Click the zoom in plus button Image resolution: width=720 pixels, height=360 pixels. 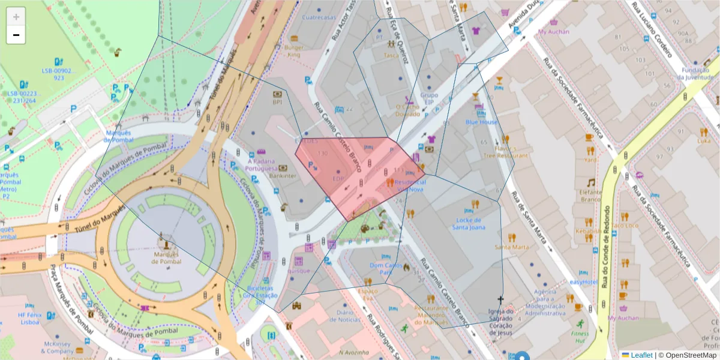pos(16,17)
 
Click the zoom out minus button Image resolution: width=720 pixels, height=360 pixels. pos(16,35)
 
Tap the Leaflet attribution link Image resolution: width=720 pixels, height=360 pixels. pos(641,355)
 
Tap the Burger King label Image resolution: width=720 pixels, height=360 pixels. pos(294,51)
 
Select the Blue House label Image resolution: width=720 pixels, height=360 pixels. pos(481,122)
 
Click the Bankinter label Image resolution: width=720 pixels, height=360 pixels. pos(266,176)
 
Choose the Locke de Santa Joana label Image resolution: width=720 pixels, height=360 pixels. pos(468,223)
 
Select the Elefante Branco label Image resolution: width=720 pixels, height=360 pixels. pos(590,196)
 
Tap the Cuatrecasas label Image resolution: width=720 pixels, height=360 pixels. pos(319,17)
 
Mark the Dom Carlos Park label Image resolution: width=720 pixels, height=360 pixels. pos(385,268)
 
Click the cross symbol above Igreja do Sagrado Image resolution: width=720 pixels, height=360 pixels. pos(500,299)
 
